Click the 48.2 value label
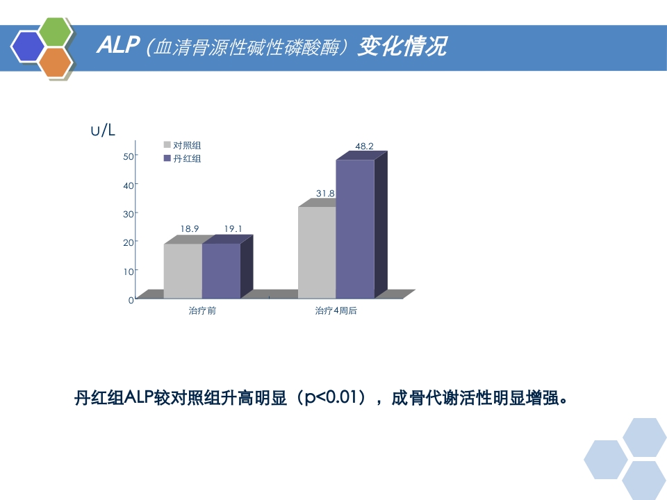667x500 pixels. pos(364,147)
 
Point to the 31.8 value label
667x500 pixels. pos(325,194)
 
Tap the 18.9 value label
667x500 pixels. pos(190,228)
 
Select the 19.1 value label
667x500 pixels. pos(233,228)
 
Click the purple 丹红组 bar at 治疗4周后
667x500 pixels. pos(355,229)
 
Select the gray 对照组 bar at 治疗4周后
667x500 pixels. pos(317,253)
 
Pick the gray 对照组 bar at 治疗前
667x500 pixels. pos(183,271)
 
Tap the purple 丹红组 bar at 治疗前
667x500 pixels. pos(221,271)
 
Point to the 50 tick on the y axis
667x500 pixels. pos(128,156)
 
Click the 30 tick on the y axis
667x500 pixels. pos(128,214)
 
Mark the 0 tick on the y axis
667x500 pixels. pos(131,300)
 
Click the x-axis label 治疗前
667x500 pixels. pos(202,311)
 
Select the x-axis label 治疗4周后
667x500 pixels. pos(336,311)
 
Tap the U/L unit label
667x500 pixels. pos(103,130)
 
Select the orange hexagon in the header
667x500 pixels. pos(55,62)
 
